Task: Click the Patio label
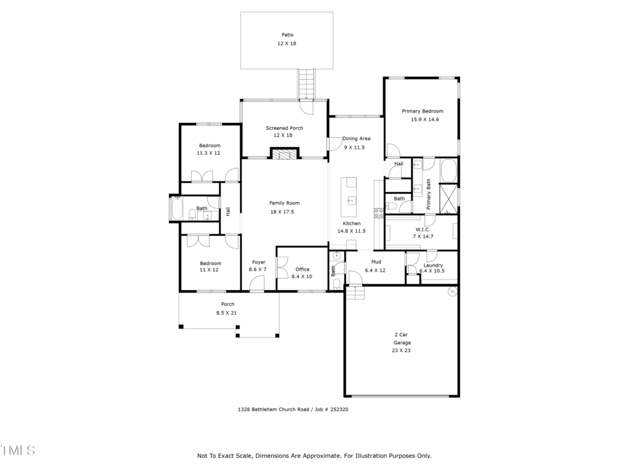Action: [287, 35]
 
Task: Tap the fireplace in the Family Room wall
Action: [285, 154]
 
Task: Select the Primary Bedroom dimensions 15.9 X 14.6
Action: [425, 120]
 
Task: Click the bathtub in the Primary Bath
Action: [449, 171]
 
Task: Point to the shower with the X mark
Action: [448, 199]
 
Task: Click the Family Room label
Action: [284, 203]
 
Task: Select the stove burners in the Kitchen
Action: [379, 213]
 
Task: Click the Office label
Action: [302, 269]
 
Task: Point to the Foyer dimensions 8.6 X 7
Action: [257, 269]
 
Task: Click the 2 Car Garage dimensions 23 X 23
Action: [401, 350]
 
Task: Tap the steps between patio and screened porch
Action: [307, 84]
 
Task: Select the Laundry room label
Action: [433, 265]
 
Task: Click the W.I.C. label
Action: [423, 230]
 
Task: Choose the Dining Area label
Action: [356, 138]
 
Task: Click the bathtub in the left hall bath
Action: [176, 208]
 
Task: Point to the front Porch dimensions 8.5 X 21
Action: [227, 313]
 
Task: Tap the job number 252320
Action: [339, 409]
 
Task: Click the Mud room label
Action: [377, 262]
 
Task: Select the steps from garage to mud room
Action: [356, 293]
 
